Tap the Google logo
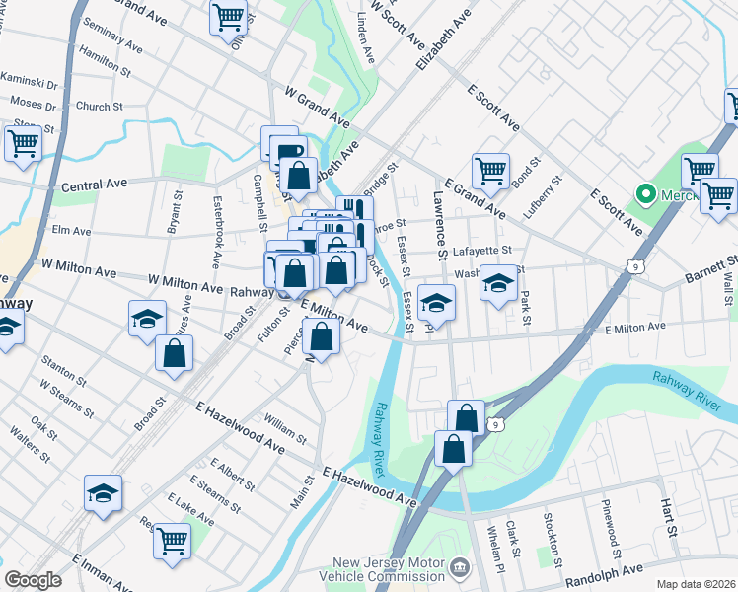pos(33,580)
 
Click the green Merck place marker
pos(647,193)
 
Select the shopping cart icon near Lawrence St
pos(490,171)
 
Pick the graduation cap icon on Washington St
pos(499,284)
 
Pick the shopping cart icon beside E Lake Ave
pos(172,540)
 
